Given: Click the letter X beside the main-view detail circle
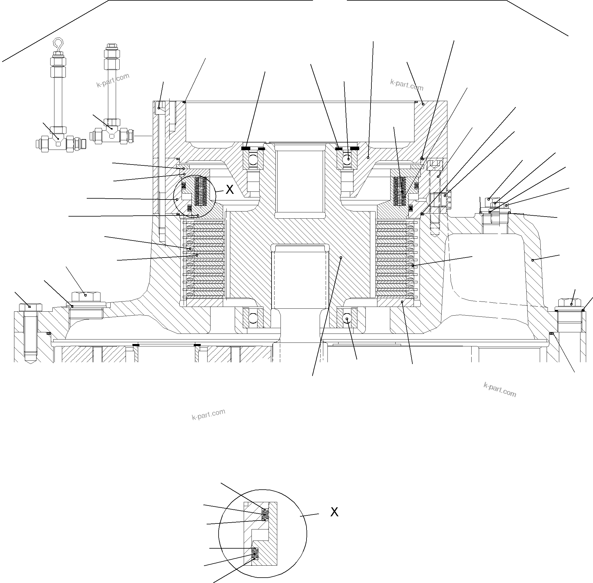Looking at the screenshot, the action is point(230,190).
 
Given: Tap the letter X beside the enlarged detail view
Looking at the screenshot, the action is point(334,512).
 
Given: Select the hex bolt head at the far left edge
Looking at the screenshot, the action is point(30,307).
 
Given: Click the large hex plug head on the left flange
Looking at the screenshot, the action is point(86,296).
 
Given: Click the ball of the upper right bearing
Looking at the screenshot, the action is point(347,159).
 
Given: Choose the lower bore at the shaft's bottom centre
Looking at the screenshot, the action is point(300,275).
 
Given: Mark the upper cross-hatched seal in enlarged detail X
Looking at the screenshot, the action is point(265,514).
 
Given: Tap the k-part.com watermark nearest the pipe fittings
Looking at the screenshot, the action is point(113,80).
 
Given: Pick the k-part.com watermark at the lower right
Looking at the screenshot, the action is point(500,389).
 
